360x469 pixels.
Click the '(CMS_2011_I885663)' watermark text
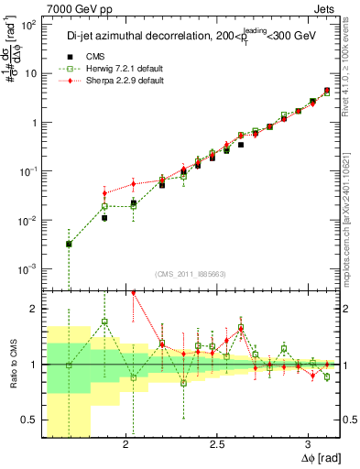(x=192, y=272)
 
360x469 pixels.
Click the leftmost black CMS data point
(x=69, y=245)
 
